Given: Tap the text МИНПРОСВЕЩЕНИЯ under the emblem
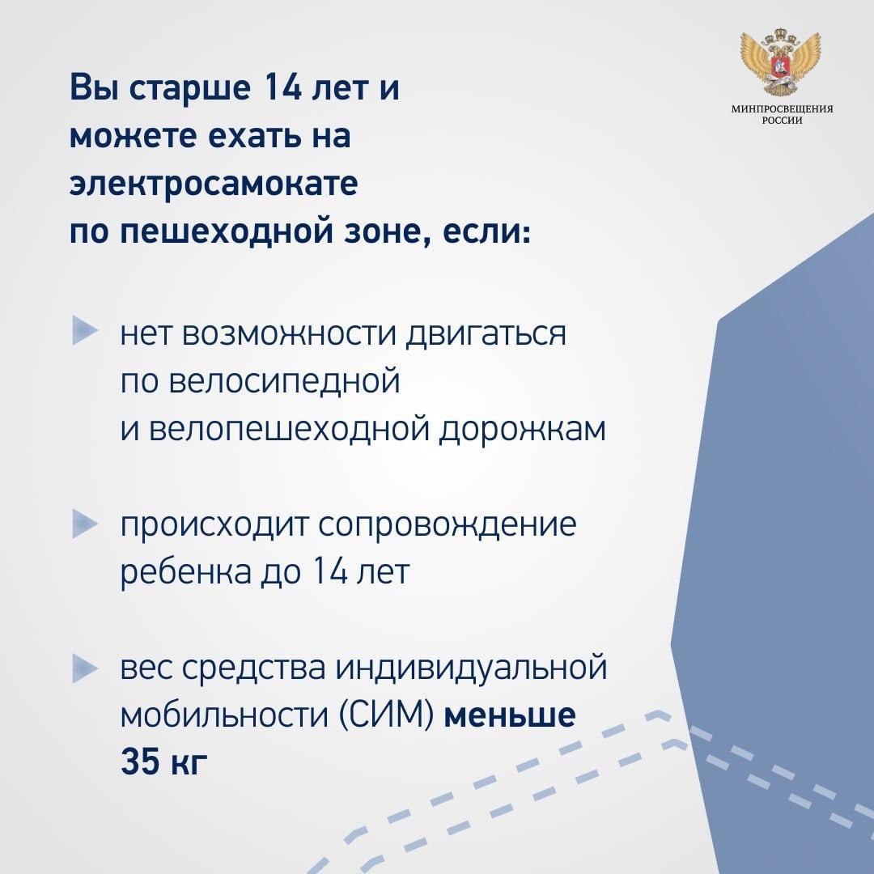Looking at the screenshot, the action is pyautogui.click(x=782, y=109).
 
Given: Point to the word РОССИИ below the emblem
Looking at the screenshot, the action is pyautogui.click(x=783, y=121).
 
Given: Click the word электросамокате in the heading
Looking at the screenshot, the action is pyautogui.click(x=214, y=183).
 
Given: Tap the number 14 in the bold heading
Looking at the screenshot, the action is pyautogui.click(x=282, y=88).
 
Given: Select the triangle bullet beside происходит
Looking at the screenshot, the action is pyautogui.click(x=85, y=524).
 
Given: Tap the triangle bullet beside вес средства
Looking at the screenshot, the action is pyautogui.click(x=85, y=669).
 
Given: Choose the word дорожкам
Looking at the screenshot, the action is pyautogui.click(x=522, y=430).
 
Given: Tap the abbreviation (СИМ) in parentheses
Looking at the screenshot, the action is pyautogui.click(x=387, y=715).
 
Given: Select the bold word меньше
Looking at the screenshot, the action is pyautogui.click(x=510, y=715).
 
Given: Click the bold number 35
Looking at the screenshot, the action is pyautogui.click(x=139, y=762).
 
